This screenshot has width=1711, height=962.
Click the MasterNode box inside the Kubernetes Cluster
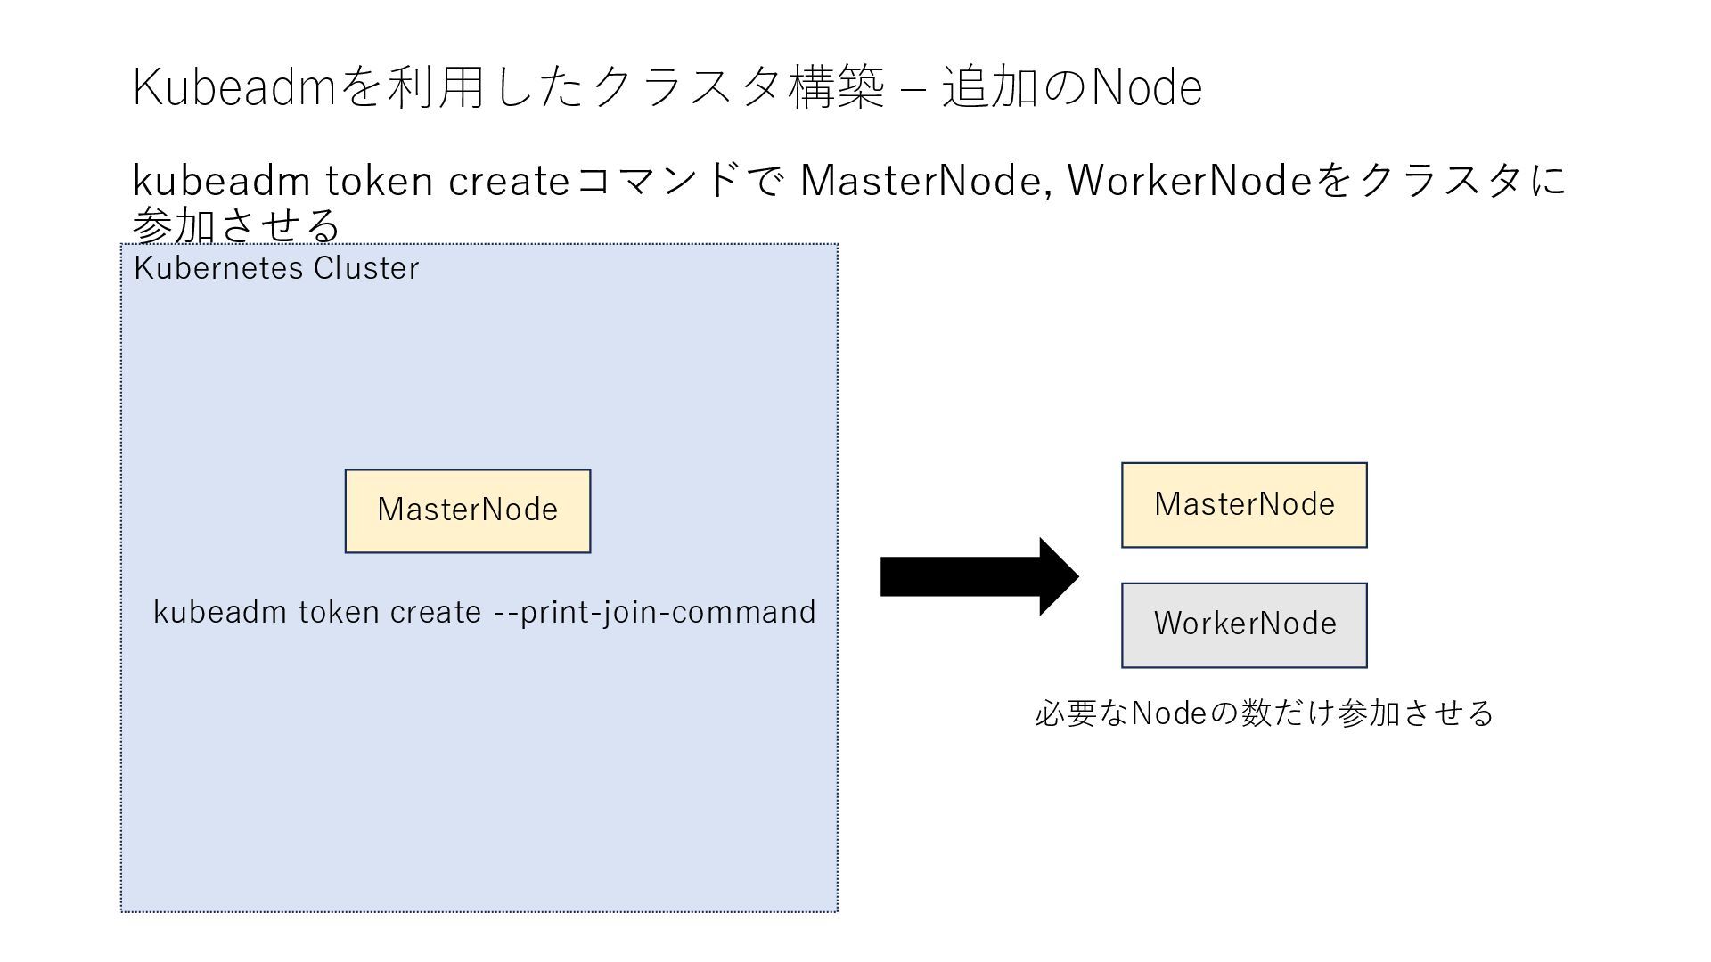[x=468, y=510]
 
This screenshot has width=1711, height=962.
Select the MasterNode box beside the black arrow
[x=1244, y=505]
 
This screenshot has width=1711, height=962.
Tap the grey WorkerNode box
[x=1244, y=624]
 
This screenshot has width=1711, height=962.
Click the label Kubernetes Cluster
[x=276, y=268]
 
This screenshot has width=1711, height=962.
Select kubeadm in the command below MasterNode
[x=220, y=612]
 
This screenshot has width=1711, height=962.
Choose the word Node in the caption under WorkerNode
[x=1167, y=713]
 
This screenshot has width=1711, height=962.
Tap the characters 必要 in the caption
[x=1065, y=713]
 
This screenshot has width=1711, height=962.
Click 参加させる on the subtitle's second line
[x=236, y=224]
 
